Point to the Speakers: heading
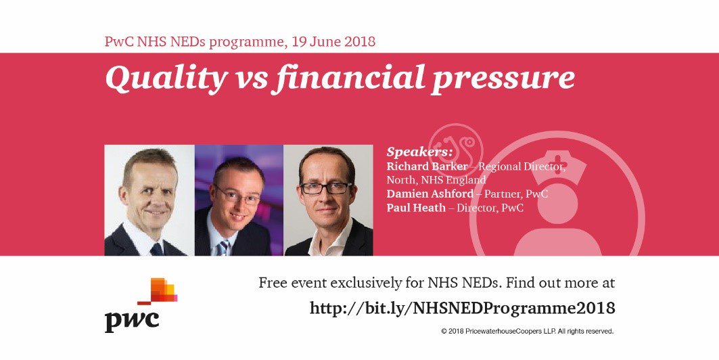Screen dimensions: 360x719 [419, 151]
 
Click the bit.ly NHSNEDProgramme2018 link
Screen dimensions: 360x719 [462, 308]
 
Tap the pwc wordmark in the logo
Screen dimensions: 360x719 [132, 318]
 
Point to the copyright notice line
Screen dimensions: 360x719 [527, 332]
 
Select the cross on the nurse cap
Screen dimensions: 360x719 [558, 168]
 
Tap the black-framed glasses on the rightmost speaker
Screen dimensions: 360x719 [325, 187]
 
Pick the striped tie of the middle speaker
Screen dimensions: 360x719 [223, 248]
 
